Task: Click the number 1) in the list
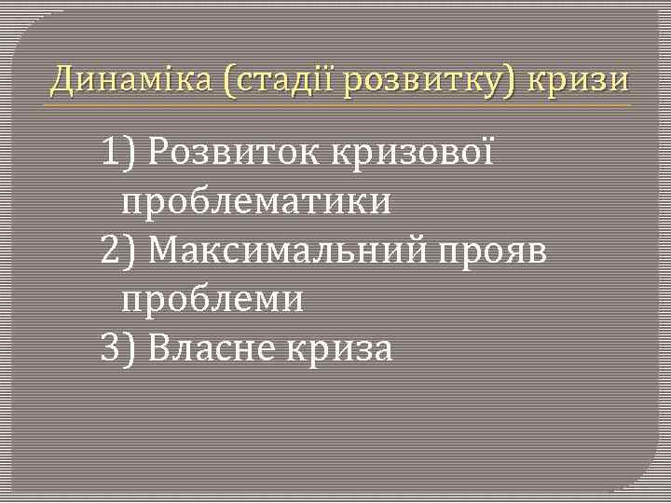(x=119, y=151)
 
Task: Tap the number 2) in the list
(x=119, y=251)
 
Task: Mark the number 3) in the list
(x=119, y=349)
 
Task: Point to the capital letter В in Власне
(x=159, y=349)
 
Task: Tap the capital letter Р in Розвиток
(x=157, y=152)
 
